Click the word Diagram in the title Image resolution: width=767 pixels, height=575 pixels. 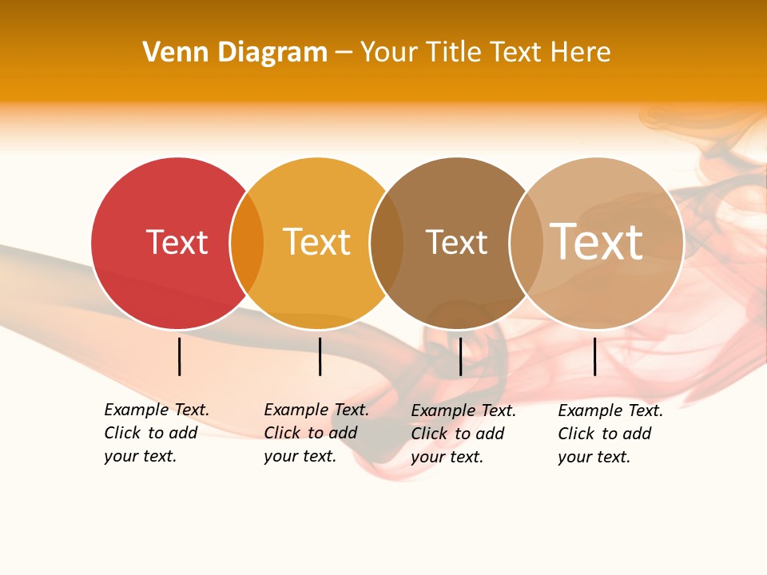(272, 53)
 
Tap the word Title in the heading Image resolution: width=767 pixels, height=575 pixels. (452, 53)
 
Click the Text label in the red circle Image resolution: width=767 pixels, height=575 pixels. (177, 242)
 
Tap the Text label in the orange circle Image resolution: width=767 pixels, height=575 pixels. (316, 242)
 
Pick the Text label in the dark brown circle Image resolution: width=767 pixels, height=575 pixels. (456, 242)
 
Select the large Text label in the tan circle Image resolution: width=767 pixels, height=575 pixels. (596, 242)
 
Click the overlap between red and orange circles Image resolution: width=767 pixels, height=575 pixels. (247, 244)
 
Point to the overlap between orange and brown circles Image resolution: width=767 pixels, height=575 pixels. (387, 244)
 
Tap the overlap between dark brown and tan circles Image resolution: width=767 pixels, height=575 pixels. (526, 244)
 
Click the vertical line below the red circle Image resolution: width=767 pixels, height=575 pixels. (180, 356)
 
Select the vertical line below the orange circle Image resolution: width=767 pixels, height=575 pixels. (320, 356)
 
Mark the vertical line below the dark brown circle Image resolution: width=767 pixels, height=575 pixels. (460, 356)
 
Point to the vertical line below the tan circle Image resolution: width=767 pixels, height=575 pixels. (594, 356)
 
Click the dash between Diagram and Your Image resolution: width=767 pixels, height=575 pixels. (344, 54)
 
